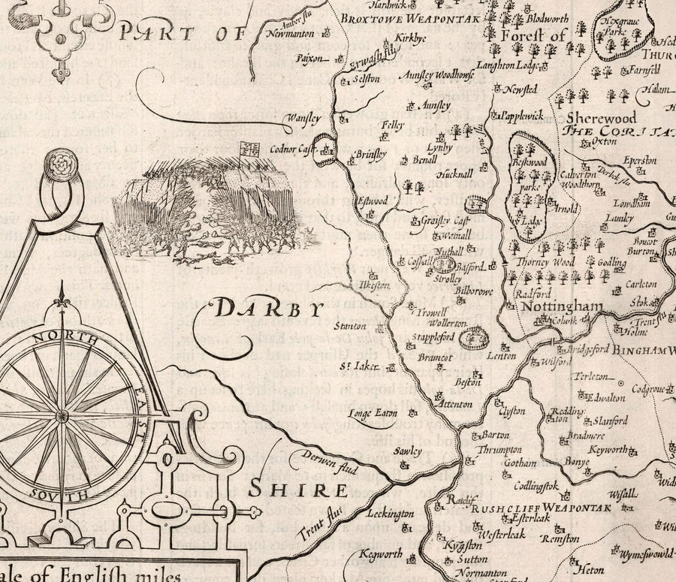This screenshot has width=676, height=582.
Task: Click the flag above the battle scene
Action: pos(249,147)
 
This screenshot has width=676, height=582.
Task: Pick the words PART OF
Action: pos(183,33)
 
